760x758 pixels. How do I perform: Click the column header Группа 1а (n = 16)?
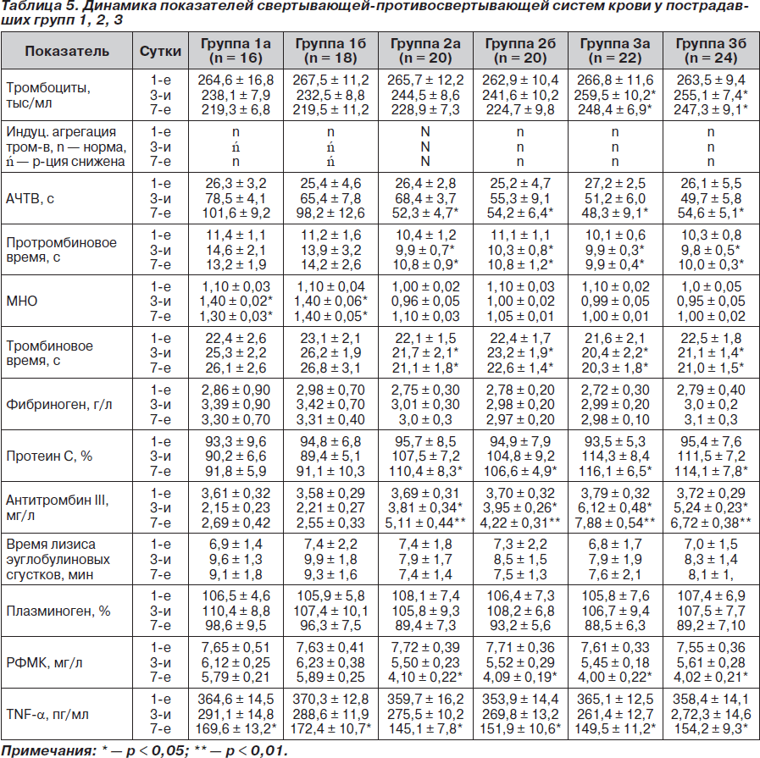click(x=236, y=51)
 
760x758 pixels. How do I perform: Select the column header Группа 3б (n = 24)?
click(x=711, y=51)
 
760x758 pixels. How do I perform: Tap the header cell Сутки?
click(x=160, y=51)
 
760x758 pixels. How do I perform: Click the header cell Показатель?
click(x=67, y=51)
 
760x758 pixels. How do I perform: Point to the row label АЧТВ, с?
click(x=30, y=198)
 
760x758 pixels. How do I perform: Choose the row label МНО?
click(x=22, y=302)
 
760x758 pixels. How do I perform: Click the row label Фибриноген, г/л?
click(x=58, y=405)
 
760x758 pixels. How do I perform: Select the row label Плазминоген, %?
click(x=58, y=611)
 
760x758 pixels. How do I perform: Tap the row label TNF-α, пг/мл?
click(x=47, y=715)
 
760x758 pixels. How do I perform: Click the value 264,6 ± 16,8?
click(x=236, y=80)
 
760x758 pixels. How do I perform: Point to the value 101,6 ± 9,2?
click(x=236, y=213)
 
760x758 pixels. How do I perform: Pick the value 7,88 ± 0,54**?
click(x=615, y=523)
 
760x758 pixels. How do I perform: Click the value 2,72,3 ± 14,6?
click(x=711, y=715)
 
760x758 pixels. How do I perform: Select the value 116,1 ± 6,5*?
click(x=615, y=471)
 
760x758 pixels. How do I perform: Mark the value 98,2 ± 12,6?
click(x=330, y=213)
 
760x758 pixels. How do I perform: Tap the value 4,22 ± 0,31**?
click(x=520, y=523)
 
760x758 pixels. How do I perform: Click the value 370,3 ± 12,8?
click(x=330, y=700)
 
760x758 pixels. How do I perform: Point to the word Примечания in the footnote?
click(x=49, y=750)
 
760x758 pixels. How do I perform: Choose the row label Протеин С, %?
click(x=49, y=456)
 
